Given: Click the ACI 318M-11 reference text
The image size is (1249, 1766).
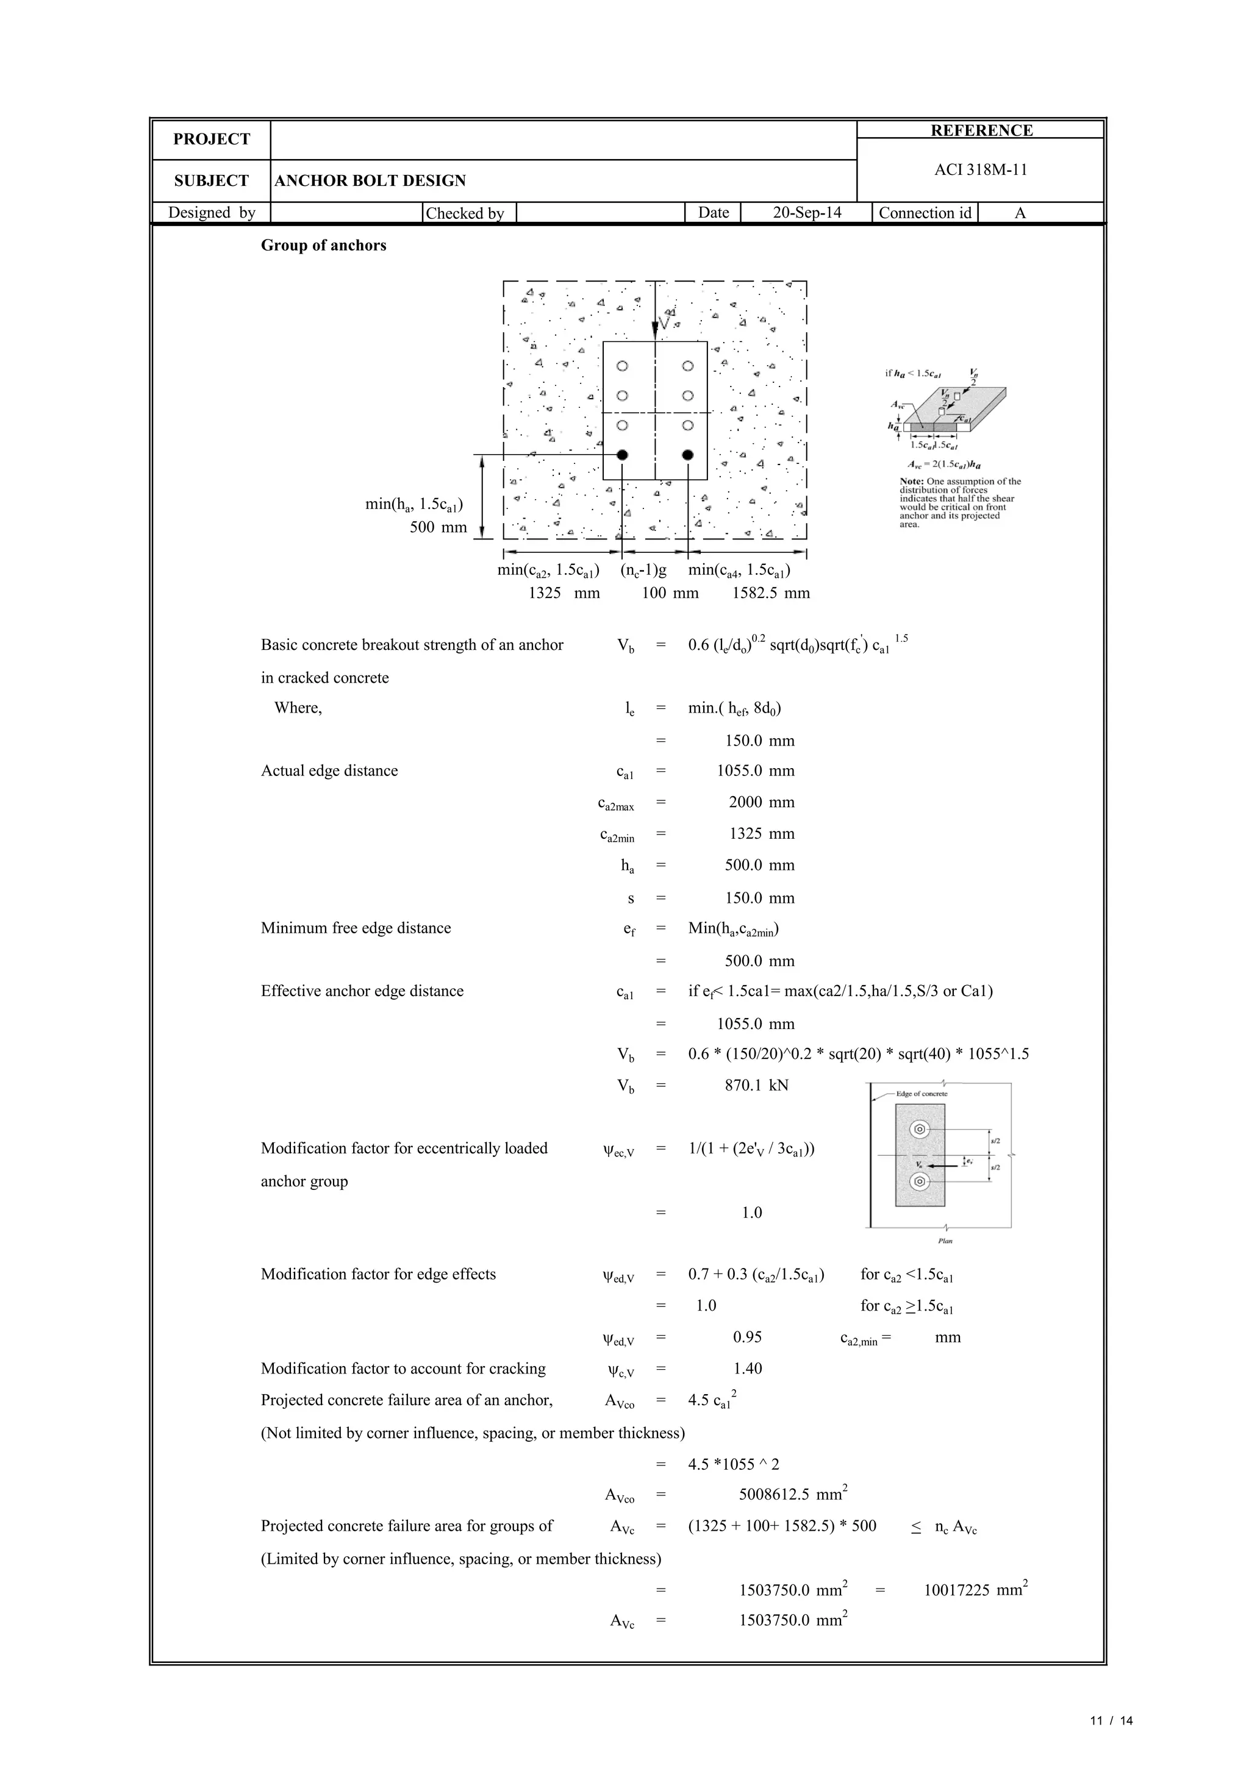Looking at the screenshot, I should point(981,170).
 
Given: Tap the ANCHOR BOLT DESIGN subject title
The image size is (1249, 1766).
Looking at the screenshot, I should point(370,181).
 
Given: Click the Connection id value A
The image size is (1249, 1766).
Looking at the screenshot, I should point(1020,213).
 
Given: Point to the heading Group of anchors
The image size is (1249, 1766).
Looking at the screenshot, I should point(323,246).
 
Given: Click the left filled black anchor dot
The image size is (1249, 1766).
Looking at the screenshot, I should point(623,455).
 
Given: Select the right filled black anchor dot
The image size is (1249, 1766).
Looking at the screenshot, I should point(688,455).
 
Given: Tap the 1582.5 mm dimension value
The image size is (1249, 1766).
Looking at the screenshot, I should point(770,593).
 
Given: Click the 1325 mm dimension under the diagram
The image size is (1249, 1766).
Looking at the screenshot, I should point(564,593).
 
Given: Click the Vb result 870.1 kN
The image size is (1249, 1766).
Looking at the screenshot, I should point(756,1085).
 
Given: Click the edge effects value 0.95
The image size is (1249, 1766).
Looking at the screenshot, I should point(747,1337).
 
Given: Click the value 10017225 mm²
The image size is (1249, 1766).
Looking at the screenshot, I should point(975,1590).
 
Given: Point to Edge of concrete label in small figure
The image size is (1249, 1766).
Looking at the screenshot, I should point(922,1094).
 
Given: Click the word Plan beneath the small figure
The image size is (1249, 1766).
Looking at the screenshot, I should point(945,1241).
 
